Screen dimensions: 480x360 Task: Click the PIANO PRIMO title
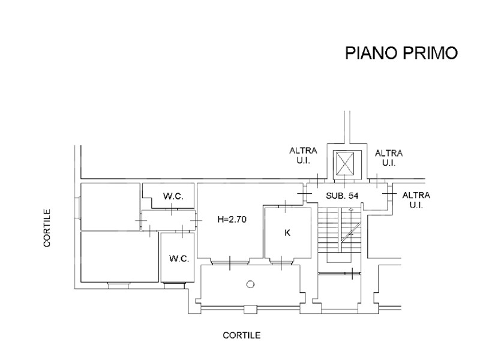pyautogui.click(x=401, y=53)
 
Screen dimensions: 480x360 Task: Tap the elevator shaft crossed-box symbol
pyautogui.click(x=344, y=164)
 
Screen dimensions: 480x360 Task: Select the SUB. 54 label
pyautogui.click(x=342, y=196)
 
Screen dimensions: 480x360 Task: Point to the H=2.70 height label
pyautogui.click(x=232, y=219)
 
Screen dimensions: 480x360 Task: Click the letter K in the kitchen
pyautogui.click(x=287, y=233)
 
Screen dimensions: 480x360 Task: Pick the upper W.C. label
pyautogui.click(x=173, y=196)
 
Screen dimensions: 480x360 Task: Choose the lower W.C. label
pyautogui.click(x=179, y=259)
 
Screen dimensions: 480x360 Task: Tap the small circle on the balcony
pyautogui.click(x=250, y=284)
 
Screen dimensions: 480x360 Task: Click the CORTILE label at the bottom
pyautogui.click(x=242, y=335)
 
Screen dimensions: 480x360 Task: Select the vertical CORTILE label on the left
pyautogui.click(x=47, y=228)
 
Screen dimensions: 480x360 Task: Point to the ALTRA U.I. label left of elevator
pyautogui.click(x=303, y=155)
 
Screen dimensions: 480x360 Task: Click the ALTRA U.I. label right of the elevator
pyautogui.click(x=389, y=158)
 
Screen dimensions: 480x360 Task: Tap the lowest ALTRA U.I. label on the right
pyautogui.click(x=416, y=200)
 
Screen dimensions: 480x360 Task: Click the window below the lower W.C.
pyautogui.click(x=174, y=286)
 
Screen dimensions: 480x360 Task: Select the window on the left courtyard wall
pyautogui.click(x=77, y=208)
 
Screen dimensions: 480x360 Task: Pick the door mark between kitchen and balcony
pyautogui.click(x=281, y=263)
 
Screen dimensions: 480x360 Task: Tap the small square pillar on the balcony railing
pyautogui.click(x=249, y=310)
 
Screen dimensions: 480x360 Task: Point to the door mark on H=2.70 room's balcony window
pyautogui.click(x=230, y=263)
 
